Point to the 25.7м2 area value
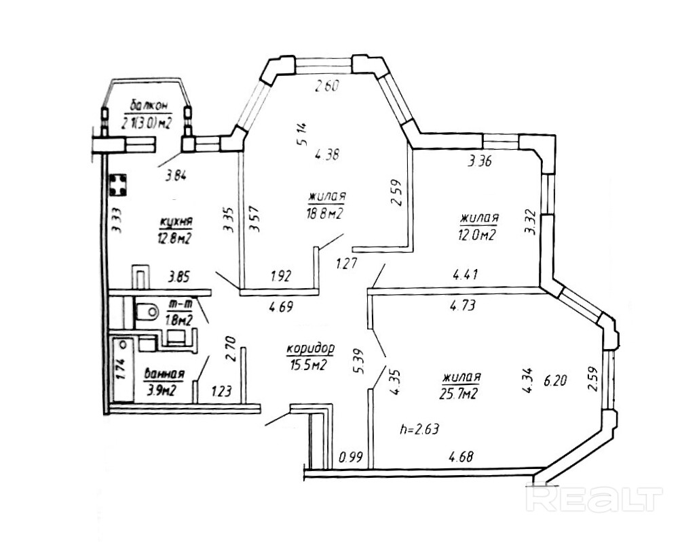pyautogui.click(x=461, y=392)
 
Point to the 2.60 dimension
pyautogui.click(x=325, y=86)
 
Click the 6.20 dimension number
pyautogui.click(x=555, y=382)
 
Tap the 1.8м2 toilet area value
pyautogui.click(x=178, y=320)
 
